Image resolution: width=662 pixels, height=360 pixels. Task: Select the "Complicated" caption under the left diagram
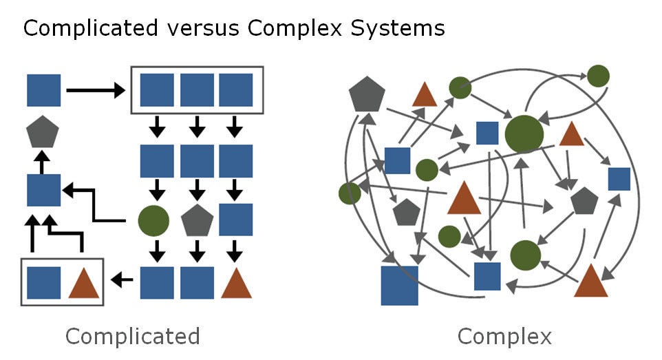[x=132, y=337]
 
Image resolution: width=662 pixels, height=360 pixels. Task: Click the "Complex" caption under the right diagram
[x=504, y=337]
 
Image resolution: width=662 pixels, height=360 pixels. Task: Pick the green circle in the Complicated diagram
[x=153, y=220]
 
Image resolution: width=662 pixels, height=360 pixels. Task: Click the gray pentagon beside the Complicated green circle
[x=197, y=220]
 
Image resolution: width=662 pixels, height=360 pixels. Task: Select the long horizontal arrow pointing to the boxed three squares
[x=94, y=90]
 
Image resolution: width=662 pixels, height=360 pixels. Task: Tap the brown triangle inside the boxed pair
[x=84, y=282]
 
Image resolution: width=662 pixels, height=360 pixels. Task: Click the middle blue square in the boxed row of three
[x=197, y=90]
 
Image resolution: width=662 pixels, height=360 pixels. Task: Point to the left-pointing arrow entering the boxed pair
[x=122, y=280]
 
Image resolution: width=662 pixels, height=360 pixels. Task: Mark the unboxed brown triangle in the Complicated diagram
[x=237, y=282]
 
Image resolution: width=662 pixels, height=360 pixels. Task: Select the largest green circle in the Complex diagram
[x=524, y=134]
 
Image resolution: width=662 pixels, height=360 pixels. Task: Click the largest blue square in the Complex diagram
[x=400, y=286]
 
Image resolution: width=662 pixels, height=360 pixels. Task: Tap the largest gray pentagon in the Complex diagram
[x=367, y=96]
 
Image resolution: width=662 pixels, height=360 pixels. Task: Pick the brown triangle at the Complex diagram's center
[x=464, y=200]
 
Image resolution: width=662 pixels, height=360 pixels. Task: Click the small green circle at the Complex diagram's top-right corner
[x=598, y=76]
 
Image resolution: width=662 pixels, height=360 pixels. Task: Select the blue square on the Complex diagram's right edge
[x=619, y=178]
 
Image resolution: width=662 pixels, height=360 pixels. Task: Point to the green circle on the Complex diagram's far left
[x=350, y=193]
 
